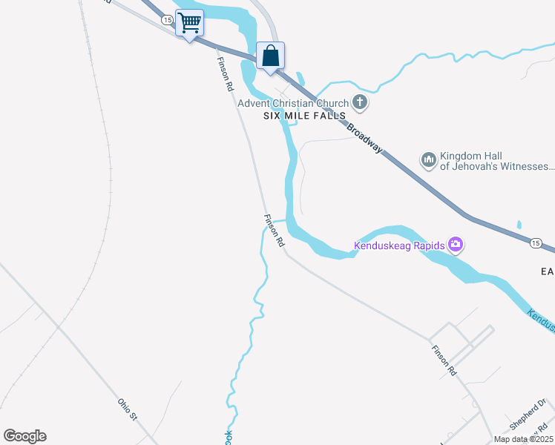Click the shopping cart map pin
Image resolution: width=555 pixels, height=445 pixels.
click(189, 23)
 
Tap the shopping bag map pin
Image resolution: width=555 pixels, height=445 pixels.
click(271, 56)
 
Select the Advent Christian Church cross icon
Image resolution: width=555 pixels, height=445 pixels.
click(360, 102)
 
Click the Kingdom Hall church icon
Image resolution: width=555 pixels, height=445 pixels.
click(428, 159)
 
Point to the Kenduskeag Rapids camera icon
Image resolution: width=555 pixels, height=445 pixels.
click(456, 244)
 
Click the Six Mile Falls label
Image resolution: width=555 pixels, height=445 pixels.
click(305, 116)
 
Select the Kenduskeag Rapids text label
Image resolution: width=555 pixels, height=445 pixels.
click(398, 245)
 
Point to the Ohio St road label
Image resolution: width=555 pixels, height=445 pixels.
click(128, 409)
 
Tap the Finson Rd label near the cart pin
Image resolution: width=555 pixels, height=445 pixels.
click(224, 73)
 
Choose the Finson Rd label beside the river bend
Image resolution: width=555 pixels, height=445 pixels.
click(274, 231)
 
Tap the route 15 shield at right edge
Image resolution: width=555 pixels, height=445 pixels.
click(535, 242)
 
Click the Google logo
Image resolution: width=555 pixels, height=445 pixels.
click(24, 436)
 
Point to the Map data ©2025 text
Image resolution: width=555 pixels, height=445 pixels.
click(523, 439)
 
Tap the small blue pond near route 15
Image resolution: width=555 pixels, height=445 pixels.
click(519, 224)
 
